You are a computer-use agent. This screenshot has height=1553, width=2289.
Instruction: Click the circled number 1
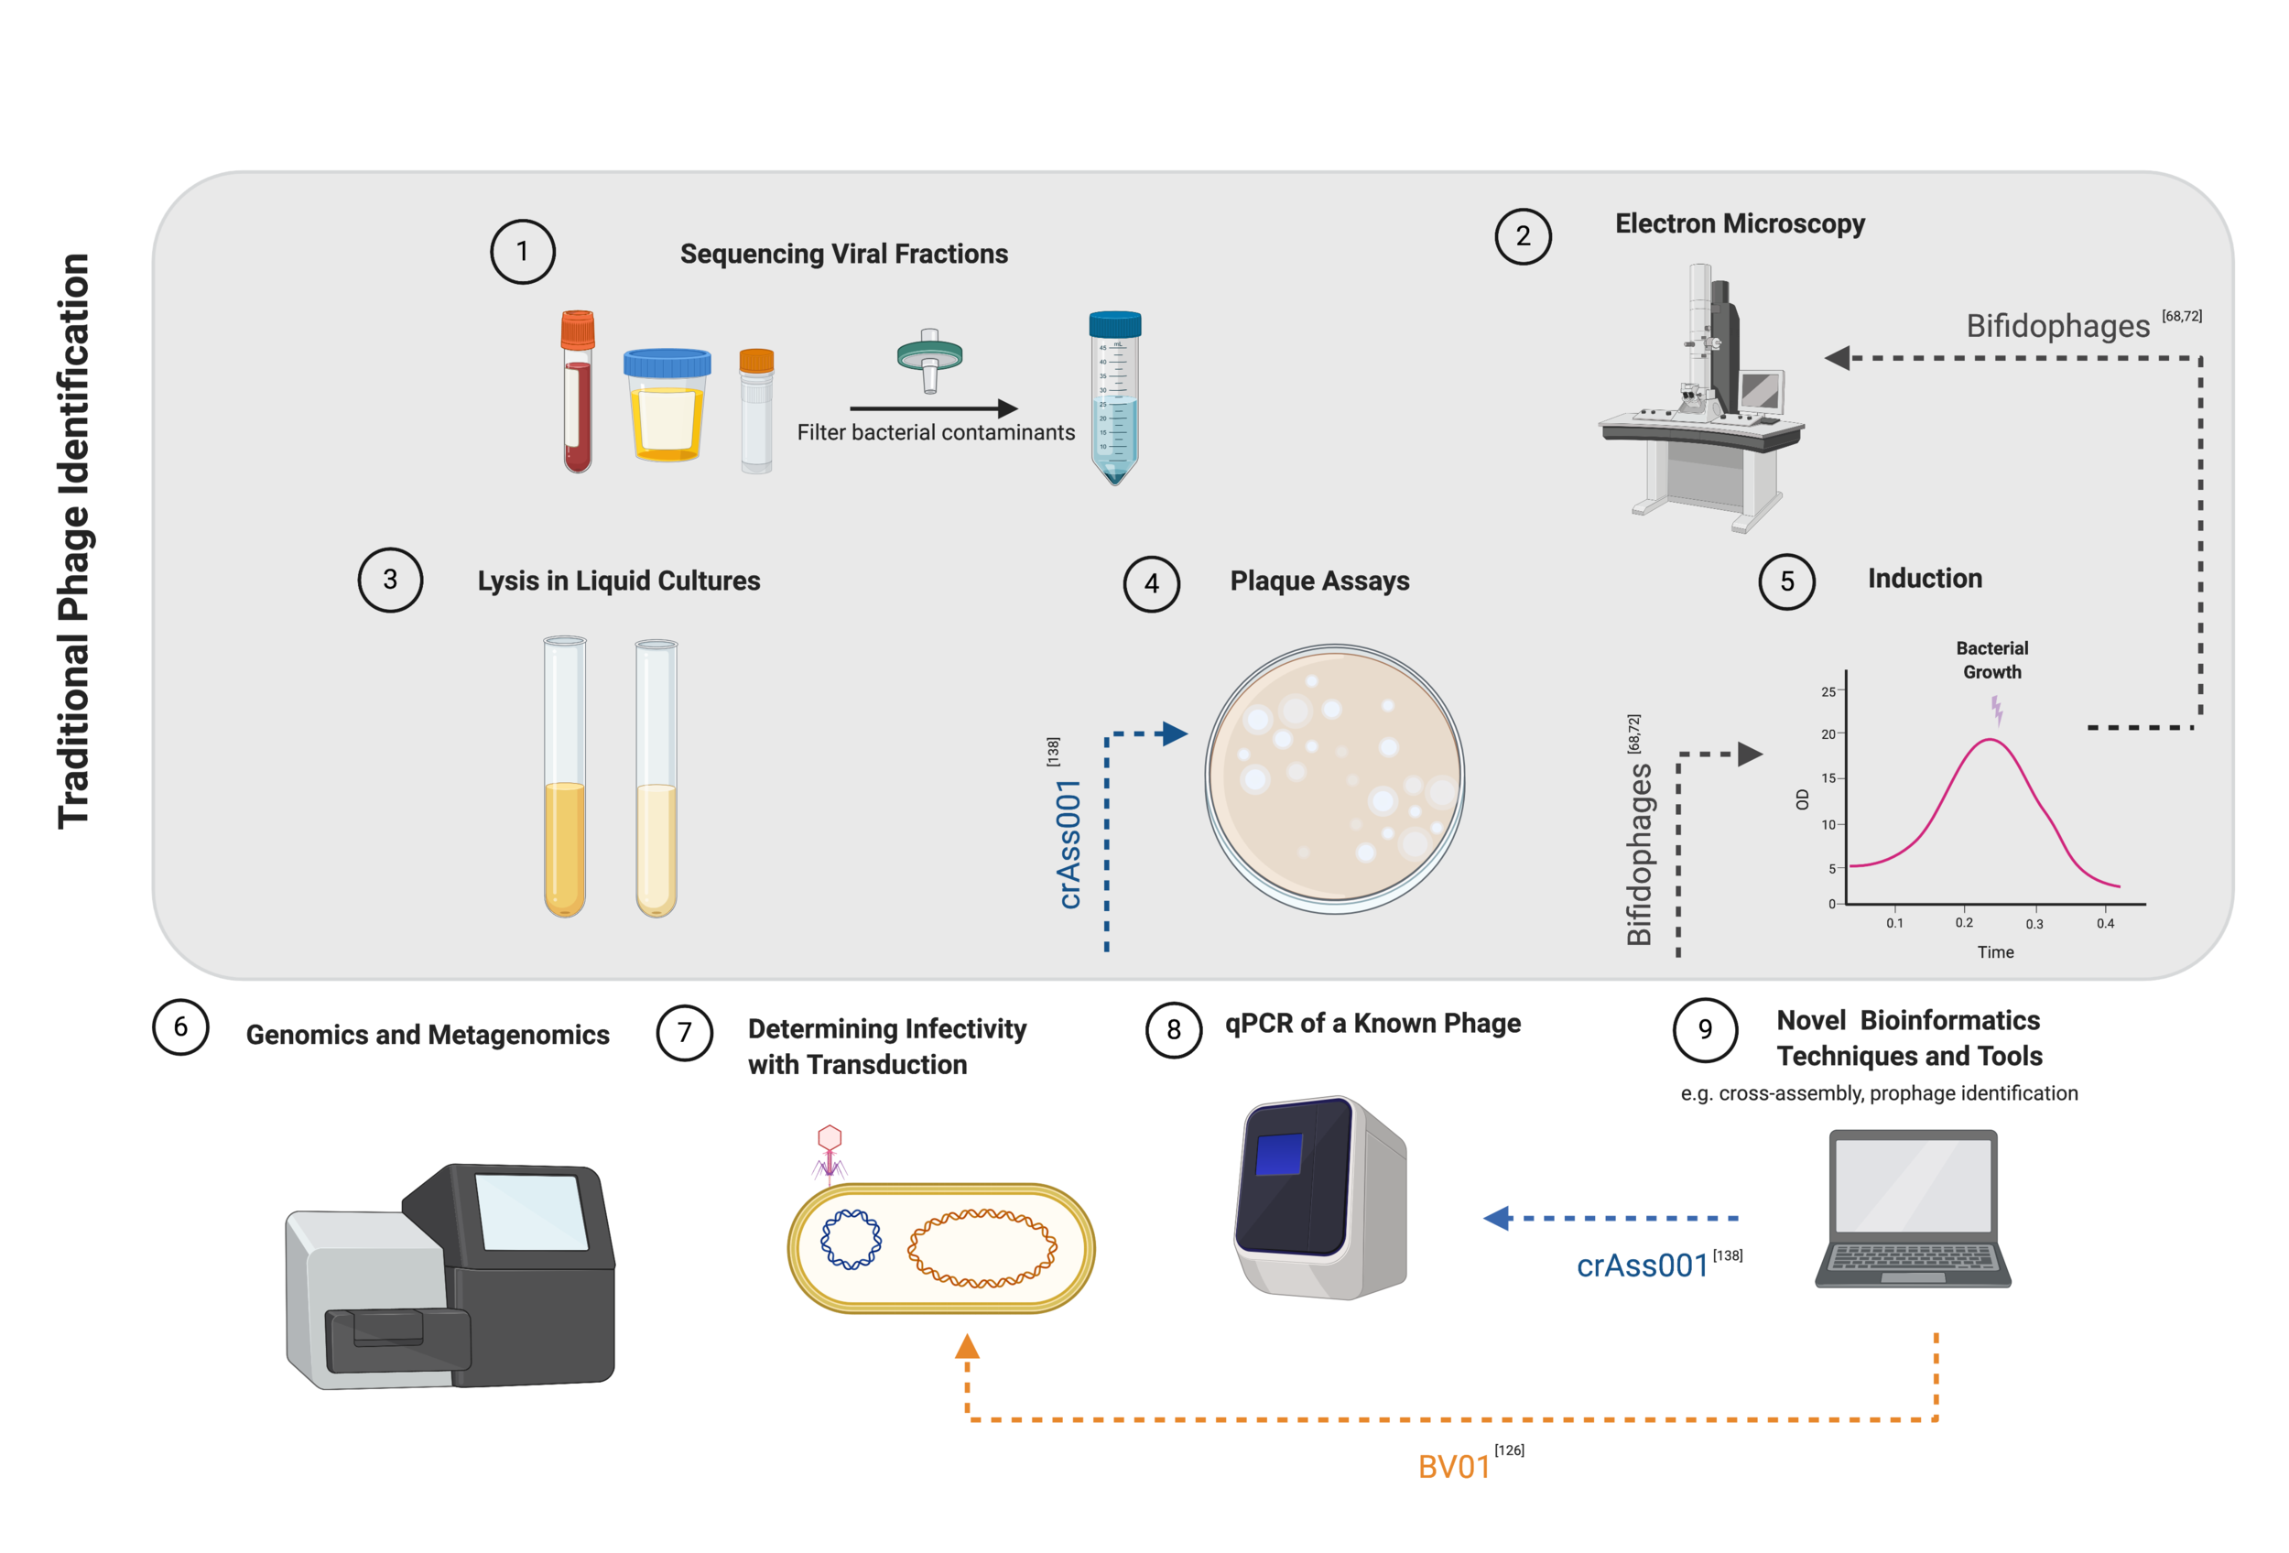pos(522,251)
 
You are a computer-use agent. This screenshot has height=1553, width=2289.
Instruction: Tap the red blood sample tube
pos(577,394)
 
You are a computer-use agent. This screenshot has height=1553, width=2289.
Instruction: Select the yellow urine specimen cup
pos(667,406)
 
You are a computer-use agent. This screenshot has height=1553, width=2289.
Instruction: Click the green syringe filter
pos(928,356)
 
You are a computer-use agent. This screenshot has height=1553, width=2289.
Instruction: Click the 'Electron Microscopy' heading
pos(1739,223)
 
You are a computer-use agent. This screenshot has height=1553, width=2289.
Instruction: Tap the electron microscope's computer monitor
pos(1760,391)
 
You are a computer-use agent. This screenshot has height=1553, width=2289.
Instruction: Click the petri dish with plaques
pos(1334,778)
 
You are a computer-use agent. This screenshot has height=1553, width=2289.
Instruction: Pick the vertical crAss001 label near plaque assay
pos(1069,843)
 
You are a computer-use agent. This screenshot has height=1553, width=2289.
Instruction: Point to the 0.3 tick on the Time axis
pos(2034,924)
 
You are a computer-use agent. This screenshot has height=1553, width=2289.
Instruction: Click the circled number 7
pos(685,1032)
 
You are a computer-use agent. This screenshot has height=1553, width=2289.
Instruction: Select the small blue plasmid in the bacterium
pos(851,1239)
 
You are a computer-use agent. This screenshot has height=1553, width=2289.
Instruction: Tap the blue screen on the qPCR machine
pos(1278,1154)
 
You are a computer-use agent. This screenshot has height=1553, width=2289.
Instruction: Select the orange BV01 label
pos(1453,1466)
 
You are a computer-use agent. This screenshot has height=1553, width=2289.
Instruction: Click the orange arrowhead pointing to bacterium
pos(967,1347)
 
